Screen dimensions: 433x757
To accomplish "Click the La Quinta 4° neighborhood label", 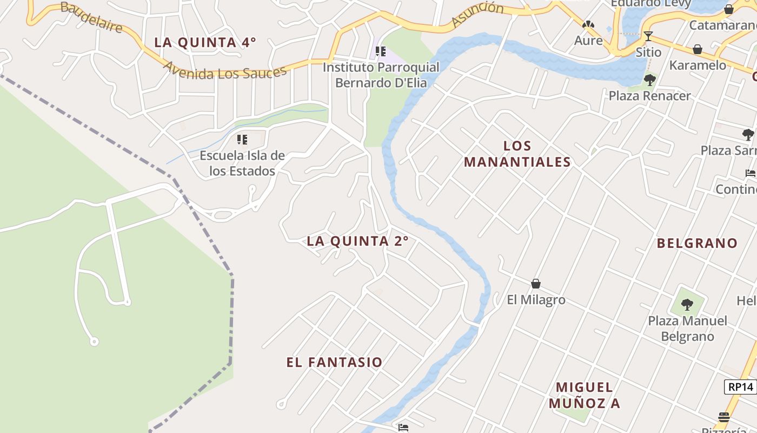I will tap(205, 42).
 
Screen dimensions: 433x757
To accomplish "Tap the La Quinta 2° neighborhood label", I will tap(357, 241).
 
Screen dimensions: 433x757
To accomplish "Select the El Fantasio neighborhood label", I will tap(335, 362).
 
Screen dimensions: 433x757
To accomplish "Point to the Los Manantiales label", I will tap(517, 154).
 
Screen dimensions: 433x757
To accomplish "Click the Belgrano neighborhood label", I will tap(697, 243).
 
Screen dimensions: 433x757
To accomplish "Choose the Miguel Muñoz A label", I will tap(585, 395).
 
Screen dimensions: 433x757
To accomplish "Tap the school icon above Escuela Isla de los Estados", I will tap(242, 140).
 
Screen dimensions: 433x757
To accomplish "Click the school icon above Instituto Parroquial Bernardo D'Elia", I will tap(381, 52).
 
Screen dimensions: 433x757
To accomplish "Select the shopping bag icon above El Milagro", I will tap(536, 284).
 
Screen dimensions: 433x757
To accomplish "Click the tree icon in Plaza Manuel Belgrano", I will tap(687, 305).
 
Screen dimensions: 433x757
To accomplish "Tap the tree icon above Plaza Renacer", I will tap(650, 80).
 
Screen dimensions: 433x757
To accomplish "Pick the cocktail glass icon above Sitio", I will tap(648, 36).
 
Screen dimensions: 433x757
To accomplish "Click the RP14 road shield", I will tap(740, 387).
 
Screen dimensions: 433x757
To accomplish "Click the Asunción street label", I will tap(477, 15).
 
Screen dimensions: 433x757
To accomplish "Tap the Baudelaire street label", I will tap(91, 16).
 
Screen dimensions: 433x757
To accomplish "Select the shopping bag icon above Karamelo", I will tap(698, 50).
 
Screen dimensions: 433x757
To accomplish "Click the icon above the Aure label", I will tap(588, 25).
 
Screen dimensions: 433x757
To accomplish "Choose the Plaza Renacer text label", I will tap(650, 96).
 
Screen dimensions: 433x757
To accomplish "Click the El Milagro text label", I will tap(536, 299).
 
